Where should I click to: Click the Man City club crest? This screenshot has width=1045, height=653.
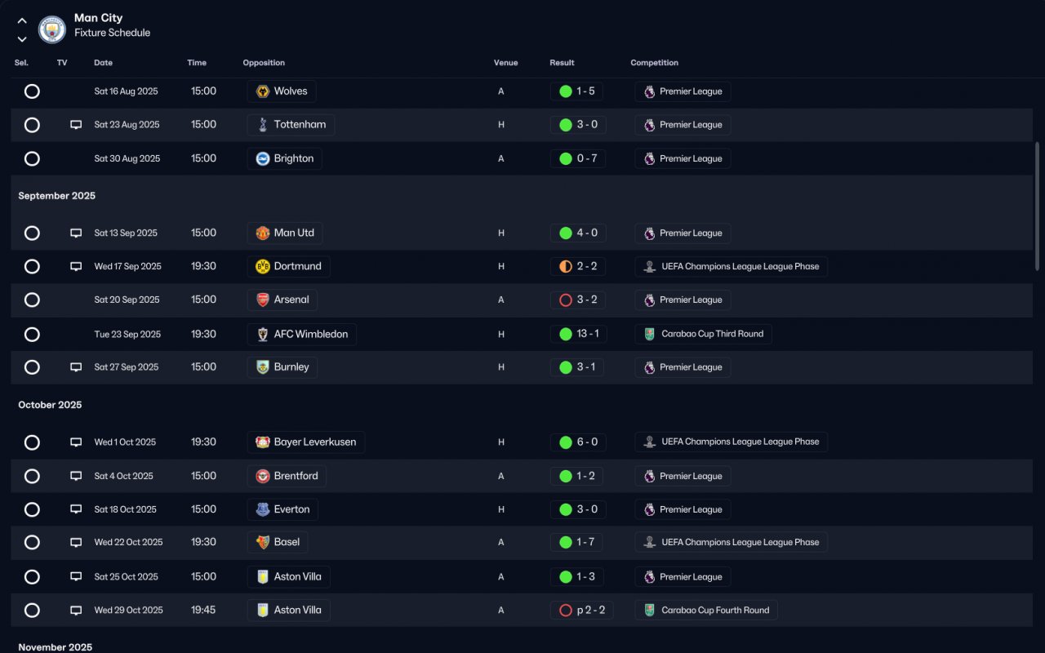click(x=52, y=30)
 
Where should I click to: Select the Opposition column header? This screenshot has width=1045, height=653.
click(x=264, y=63)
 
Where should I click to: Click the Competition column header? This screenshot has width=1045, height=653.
click(x=654, y=63)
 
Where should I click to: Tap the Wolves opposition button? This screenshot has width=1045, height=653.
click(x=282, y=91)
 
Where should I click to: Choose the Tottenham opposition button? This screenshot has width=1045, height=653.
click(x=291, y=125)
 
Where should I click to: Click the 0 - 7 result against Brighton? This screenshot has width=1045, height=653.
click(x=578, y=158)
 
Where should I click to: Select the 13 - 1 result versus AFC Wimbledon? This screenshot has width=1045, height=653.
click(x=578, y=334)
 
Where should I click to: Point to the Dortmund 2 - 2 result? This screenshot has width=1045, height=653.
click(x=578, y=266)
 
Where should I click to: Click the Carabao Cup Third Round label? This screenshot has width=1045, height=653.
click(x=703, y=334)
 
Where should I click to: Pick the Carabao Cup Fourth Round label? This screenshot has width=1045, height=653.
click(x=706, y=610)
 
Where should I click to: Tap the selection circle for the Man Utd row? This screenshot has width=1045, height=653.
click(x=32, y=233)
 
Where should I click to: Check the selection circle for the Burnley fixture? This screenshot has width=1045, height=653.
click(x=32, y=367)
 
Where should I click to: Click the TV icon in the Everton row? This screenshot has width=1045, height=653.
click(x=76, y=509)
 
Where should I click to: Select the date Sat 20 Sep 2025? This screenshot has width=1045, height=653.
click(x=127, y=300)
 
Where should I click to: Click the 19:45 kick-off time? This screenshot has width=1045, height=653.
click(x=203, y=610)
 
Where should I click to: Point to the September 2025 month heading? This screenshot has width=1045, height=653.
click(x=57, y=196)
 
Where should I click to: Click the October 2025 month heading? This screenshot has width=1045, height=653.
click(x=50, y=405)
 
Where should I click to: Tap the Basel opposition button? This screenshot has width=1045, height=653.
click(x=278, y=542)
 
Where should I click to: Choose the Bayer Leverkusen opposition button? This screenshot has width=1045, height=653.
click(x=306, y=442)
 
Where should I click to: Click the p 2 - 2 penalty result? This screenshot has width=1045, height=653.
click(x=581, y=610)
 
